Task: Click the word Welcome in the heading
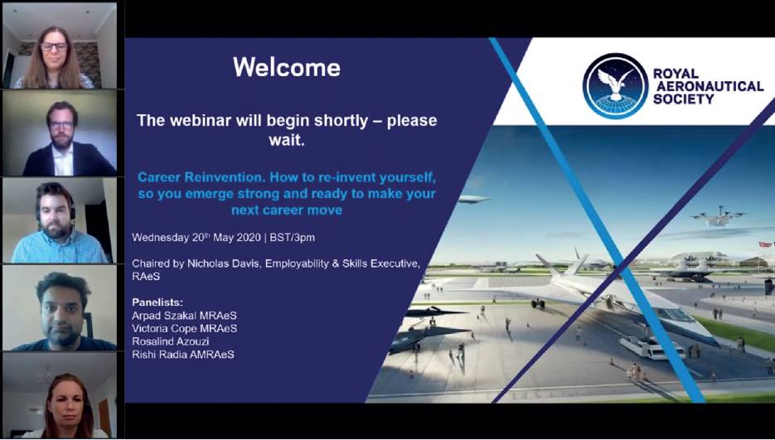(x=287, y=67)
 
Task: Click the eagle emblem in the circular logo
(x=614, y=82)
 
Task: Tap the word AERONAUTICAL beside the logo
(x=708, y=86)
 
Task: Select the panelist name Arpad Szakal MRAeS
(x=184, y=316)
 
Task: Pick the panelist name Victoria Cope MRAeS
(x=184, y=328)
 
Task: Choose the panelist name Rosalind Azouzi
(x=171, y=341)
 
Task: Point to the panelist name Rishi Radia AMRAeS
(x=183, y=354)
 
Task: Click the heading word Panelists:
(x=157, y=302)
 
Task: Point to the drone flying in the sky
(x=718, y=216)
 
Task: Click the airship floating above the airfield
(x=473, y=199)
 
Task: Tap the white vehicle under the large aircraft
(x=651, y=347)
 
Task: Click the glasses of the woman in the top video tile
(x=54, y=47)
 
